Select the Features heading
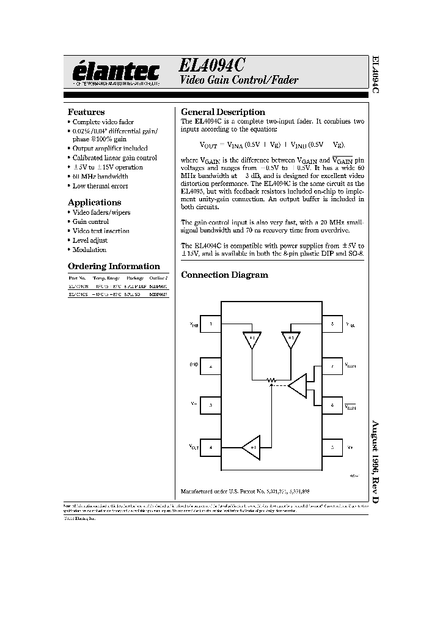86,113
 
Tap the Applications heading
94,202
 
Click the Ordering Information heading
114,266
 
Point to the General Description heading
223,113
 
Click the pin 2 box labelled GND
210,367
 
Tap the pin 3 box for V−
210,405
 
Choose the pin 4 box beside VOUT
210,447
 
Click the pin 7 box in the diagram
332,367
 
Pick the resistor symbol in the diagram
272,380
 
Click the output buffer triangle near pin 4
251,447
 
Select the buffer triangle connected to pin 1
251,339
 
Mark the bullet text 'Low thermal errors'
100,186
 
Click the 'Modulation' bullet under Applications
89,250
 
